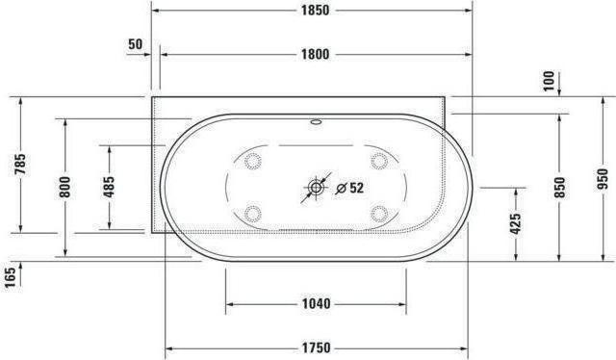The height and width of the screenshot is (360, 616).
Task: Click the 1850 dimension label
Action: pos(315,11)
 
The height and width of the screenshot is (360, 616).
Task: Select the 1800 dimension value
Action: pos(315,55)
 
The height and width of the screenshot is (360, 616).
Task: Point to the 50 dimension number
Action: pos(134,45)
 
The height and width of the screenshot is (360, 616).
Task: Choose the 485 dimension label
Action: pos(110,188)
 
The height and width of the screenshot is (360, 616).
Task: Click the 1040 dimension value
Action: pos(315,305)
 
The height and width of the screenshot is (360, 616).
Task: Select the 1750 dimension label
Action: pos(315,347)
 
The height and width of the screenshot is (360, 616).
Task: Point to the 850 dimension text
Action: pos(560,187)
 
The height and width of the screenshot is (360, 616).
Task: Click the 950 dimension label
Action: pos(603,178)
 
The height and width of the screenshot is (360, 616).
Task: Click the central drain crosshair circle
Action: pos(316,188)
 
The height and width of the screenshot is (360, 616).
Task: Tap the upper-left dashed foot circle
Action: pos(254,161)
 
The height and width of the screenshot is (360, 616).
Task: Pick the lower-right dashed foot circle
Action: pos(377,214)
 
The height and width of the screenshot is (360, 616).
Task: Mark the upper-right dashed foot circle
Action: pos(377,161)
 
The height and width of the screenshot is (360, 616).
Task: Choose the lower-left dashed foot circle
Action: pos(254,214)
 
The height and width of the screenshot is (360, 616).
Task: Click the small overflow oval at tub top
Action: pos(316,123)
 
